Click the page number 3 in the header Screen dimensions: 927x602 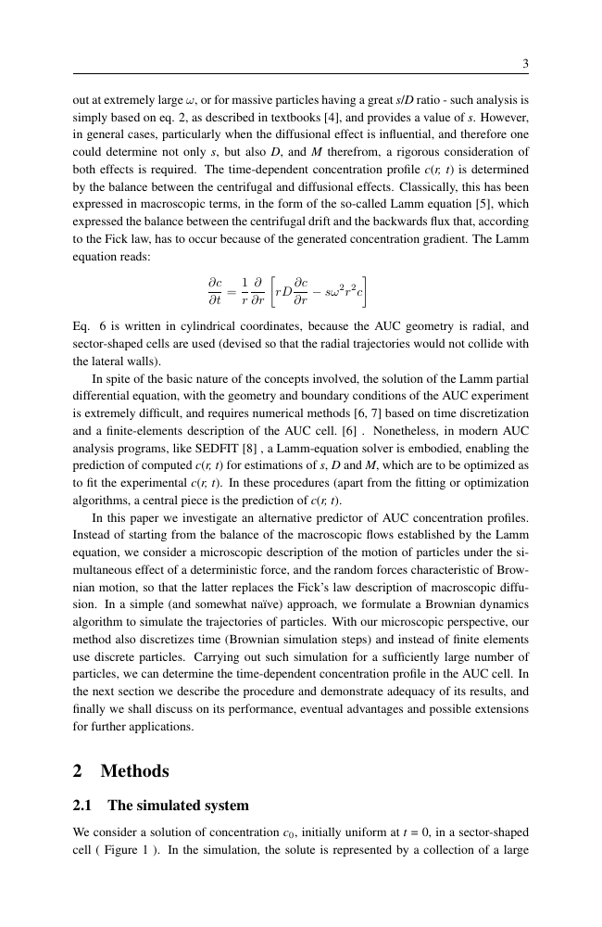(x=525, y=64)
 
